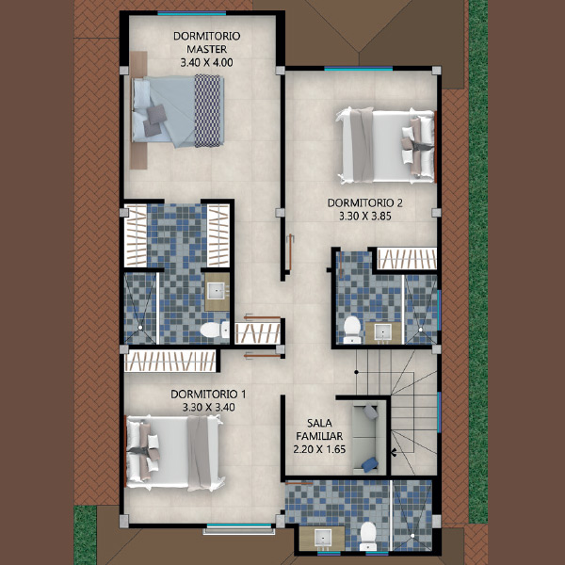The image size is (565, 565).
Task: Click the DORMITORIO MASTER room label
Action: (x=207, y=42)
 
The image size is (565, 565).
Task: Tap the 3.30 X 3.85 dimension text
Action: (x=365, y=217)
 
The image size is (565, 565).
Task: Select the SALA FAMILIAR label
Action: (x=319, y=429)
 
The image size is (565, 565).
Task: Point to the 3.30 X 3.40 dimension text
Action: (x=209, y=408)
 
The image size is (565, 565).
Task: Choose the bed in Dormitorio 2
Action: (x=385, y=145)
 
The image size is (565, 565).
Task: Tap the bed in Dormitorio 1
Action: (x=174, y=453)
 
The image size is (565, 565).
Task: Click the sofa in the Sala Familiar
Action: (x=364, y=438)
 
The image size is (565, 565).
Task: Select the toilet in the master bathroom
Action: (x=214, y=330)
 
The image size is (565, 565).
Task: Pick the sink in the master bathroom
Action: (x=218, y=292)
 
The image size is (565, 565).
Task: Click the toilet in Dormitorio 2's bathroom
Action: (x=352, y=330)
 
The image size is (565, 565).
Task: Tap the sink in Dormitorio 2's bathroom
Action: (x=383, y=332)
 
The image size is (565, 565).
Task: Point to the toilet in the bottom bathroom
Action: (x=368, y=536)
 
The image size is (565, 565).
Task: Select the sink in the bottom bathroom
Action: (x=322, y=539)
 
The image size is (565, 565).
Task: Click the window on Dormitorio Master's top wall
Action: (x=192, y=13)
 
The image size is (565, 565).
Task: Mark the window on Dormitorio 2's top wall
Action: (x=359, y=69)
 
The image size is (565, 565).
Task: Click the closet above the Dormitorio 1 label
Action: (x=170, y=361)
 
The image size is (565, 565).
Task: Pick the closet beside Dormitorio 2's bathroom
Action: (x=407, y=258)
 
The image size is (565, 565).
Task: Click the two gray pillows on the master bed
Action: (x=154, y=121)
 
